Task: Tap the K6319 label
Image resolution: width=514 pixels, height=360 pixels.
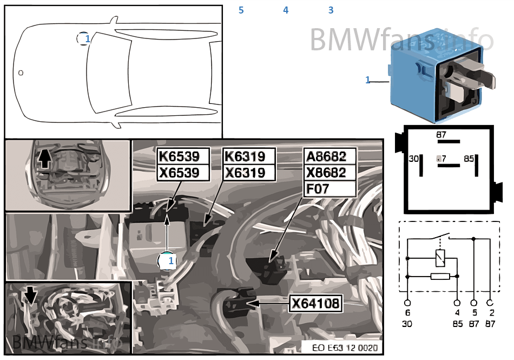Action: pyautogui.click(x=245, y=156)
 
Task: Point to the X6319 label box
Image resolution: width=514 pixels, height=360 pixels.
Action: pyautogui.click(x=245, y=172)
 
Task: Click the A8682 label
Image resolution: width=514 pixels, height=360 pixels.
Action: pyautogui.click(x=326, y=156)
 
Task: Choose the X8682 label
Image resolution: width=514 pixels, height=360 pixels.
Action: pyautogui.click(x=326, y=173)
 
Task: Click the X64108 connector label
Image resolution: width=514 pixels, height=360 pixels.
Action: pyautogui.click(x=316, y=304)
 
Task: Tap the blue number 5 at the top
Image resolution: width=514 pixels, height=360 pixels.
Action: pyautogui.click(x=241, y=10)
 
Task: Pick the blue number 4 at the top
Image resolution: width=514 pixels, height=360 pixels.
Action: pyautogui.click(x=286, y=10)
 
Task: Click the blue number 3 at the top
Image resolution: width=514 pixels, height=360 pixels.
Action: pyautogui.click(x=331, y=10)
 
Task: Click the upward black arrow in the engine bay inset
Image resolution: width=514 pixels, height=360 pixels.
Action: pyautogui.click(x=44, y=158)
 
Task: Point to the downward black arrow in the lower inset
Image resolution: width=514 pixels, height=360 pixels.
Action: pyautogui.click(x=30, y=294)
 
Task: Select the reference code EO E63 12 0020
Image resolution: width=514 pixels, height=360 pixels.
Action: pyautogui.click(x=345, y=348)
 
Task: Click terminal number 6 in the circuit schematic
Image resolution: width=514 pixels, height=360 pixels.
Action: pyautogui.click(x=407, y=313)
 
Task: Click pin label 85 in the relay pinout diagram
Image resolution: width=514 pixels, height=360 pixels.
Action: pyautogui.click(x=469, y=159)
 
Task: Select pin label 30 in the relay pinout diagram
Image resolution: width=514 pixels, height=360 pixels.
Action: pyautogui.click(x=414, y=159)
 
